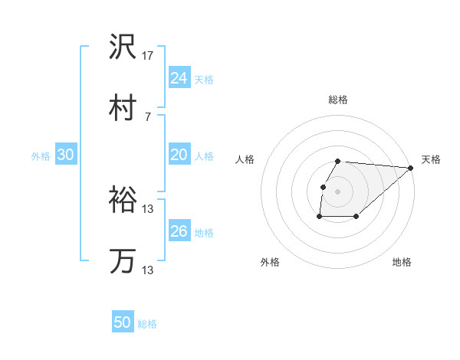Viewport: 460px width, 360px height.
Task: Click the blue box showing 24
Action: tap(179, 78)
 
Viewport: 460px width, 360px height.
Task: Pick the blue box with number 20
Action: tap(179, 155)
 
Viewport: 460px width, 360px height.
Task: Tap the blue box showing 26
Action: tap(179, 231)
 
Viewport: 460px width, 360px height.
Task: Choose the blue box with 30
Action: tap(66, 155)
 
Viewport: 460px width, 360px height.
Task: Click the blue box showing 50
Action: tap(123, 322)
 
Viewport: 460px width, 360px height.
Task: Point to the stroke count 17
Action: tap(149, 57)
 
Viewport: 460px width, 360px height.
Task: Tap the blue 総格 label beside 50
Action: tap(147, 324)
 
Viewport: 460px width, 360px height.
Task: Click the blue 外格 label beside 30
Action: tap(41, 156)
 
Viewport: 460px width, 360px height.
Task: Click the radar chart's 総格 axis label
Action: tap(338, 100)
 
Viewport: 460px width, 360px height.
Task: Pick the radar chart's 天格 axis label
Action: tap(431, 159)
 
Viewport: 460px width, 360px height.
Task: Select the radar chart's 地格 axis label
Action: tap(402, 263)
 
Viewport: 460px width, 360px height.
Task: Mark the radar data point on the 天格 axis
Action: tap(411, 168)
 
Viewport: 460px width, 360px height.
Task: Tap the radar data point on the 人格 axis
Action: tap(324, 187)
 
